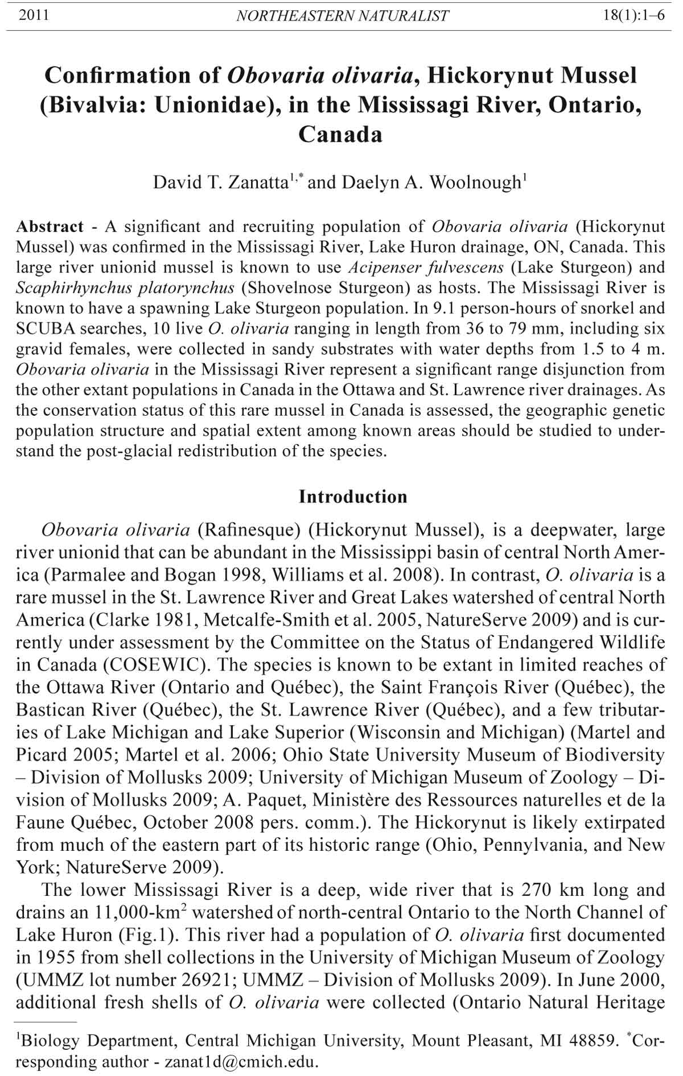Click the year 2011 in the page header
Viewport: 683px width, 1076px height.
click(34, 15)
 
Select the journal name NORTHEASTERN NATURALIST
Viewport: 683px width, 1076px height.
click(342, 16)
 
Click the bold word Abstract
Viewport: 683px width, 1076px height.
click(50, 227)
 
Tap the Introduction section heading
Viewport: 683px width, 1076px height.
click(353, 496)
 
